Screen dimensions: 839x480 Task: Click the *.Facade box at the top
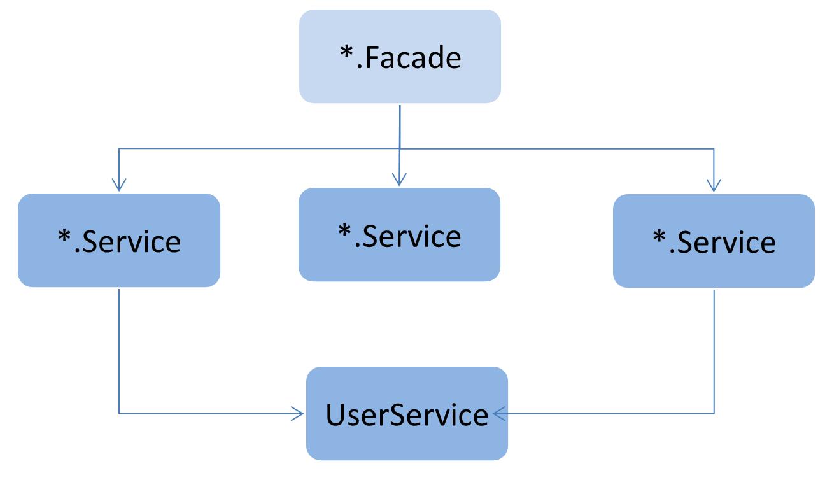(x=400, y=57)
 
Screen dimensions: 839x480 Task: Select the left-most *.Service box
(x=119, y=241)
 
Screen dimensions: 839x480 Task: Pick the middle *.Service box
(x=399, y=234)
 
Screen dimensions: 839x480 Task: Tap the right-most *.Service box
(x=714, y=241)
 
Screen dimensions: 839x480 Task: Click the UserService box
(x=407, y=414)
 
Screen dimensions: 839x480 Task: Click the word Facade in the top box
(x=412, y=58)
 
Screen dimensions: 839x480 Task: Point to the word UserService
(x=407, y=415)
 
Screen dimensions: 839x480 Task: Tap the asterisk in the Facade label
(x=346, y=52)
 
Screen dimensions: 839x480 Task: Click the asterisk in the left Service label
(x=64, y=236)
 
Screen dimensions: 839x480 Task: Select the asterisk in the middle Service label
(x=344, y=230)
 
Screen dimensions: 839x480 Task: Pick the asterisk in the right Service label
(x=659, y=236)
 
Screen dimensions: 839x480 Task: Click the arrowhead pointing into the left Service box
(x=119, y=185)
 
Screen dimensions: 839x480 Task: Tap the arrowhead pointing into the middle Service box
(x=399, y=180)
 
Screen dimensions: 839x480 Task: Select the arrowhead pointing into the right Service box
(x=714, y=185)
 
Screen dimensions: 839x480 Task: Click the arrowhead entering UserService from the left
(x=298, y=414)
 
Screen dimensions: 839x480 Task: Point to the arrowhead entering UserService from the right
(x=499, y=414)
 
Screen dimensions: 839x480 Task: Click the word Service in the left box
(x=131, y=242)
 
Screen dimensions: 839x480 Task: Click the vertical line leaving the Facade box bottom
(x=400, y=127)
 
